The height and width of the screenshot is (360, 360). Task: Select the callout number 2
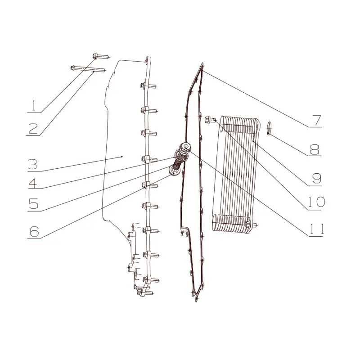tap(33, 129)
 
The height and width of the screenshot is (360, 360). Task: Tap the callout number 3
tap(32, 164)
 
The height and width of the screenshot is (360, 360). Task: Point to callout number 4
tap(33, 184)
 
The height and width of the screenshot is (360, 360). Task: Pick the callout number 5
tap(33, 203)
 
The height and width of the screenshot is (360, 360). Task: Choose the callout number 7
tap(316, 120)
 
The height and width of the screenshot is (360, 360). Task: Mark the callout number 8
tap(315, 149)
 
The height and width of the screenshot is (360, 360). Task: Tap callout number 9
tap(316, 178)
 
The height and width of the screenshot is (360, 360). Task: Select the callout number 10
tap(316, 202)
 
